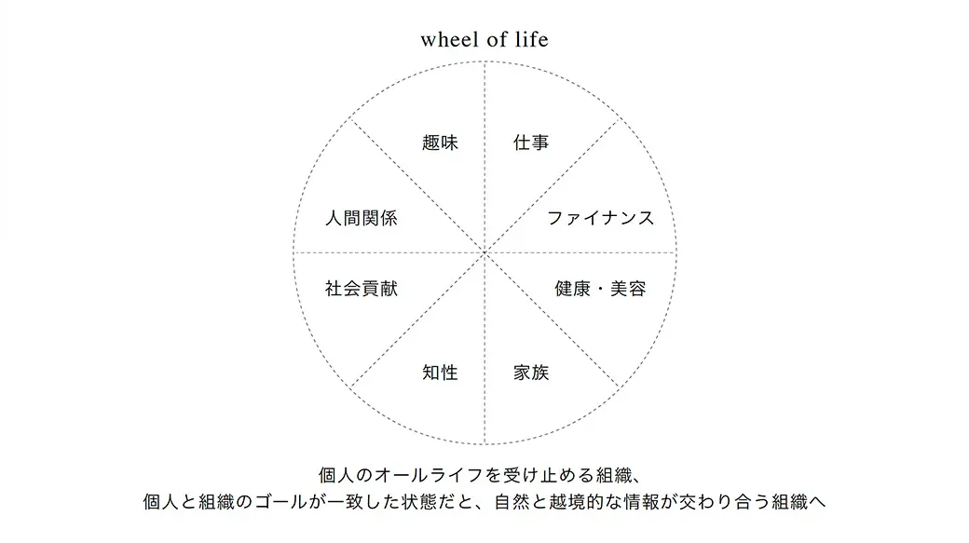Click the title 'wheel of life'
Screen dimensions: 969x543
[484, 39]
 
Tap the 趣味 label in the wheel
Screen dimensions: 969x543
[440, 143]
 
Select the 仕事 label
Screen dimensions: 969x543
[531, 143]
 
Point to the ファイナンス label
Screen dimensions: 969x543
[600, 218]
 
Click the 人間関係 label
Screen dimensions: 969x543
[361, 218]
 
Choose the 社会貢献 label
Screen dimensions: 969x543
[361, 289]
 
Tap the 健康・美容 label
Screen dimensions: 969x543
[600, 289]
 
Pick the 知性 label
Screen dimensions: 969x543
[440, 373]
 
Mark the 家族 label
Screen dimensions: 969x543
[531, 373]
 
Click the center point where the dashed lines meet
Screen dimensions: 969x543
[485, 252]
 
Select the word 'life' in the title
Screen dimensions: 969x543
[533, 39]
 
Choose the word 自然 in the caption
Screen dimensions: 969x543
[512, 502]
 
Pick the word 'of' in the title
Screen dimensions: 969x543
[497, 39]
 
